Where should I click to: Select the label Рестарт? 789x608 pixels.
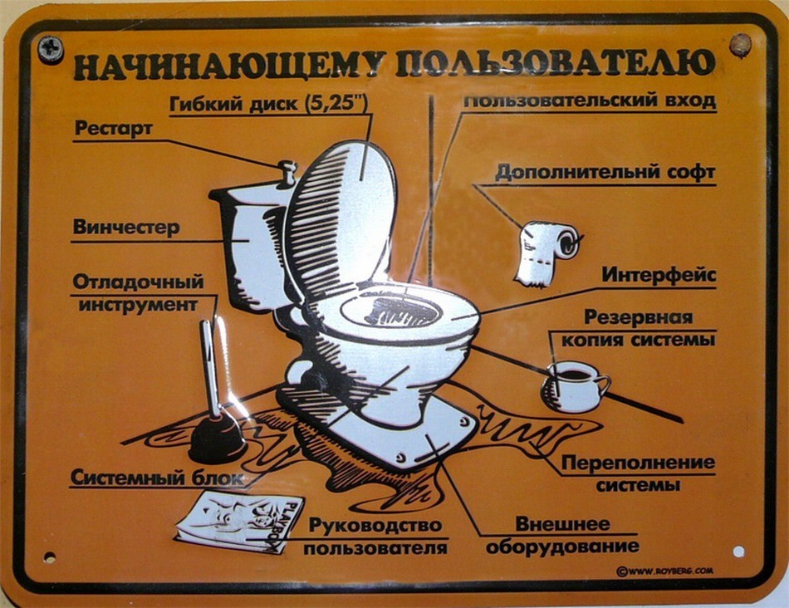click(x=114, y=129)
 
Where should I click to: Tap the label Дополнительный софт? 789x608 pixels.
click(x=605, y=174)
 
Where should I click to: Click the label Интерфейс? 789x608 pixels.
click(x=659, y=274)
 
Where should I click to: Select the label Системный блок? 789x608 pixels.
click(x=157, y=478)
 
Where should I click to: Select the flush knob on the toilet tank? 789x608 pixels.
click(x=287, y=173)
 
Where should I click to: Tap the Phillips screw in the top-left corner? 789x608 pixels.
click(x=51, y=49)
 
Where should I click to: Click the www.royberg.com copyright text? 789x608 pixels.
click(x=664, y=571)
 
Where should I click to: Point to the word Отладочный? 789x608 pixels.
click(x=138, y=282)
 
